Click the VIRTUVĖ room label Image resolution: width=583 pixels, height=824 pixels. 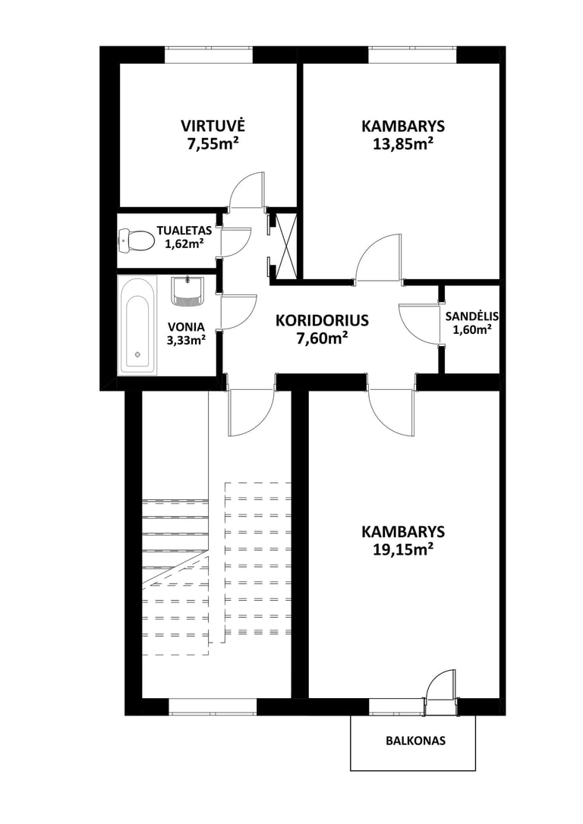click(213, 126)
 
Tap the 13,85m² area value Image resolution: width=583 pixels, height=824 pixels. click(402, 144)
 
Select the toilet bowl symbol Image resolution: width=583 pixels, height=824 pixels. click(136, 241)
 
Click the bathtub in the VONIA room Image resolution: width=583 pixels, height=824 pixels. click(137, 325)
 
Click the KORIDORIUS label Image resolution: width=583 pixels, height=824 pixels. click(323, 320)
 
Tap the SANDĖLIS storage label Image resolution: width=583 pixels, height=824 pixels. click(472, 316)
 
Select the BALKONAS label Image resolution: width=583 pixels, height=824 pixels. click(415, 741)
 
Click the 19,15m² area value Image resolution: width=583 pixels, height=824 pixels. click(402, 549)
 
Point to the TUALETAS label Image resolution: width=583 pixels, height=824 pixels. click(184, 230)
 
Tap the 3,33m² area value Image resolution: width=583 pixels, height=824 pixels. click(185, 341)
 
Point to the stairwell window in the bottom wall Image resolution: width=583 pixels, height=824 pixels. click(212, 706)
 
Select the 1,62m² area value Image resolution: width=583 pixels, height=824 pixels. click(184, 244)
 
